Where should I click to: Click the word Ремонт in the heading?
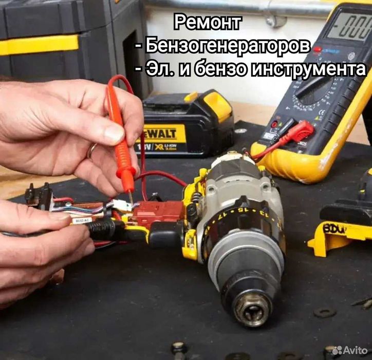click(207, 23)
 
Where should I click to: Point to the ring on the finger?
click(91, 150)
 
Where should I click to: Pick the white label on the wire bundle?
click(83, 220)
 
